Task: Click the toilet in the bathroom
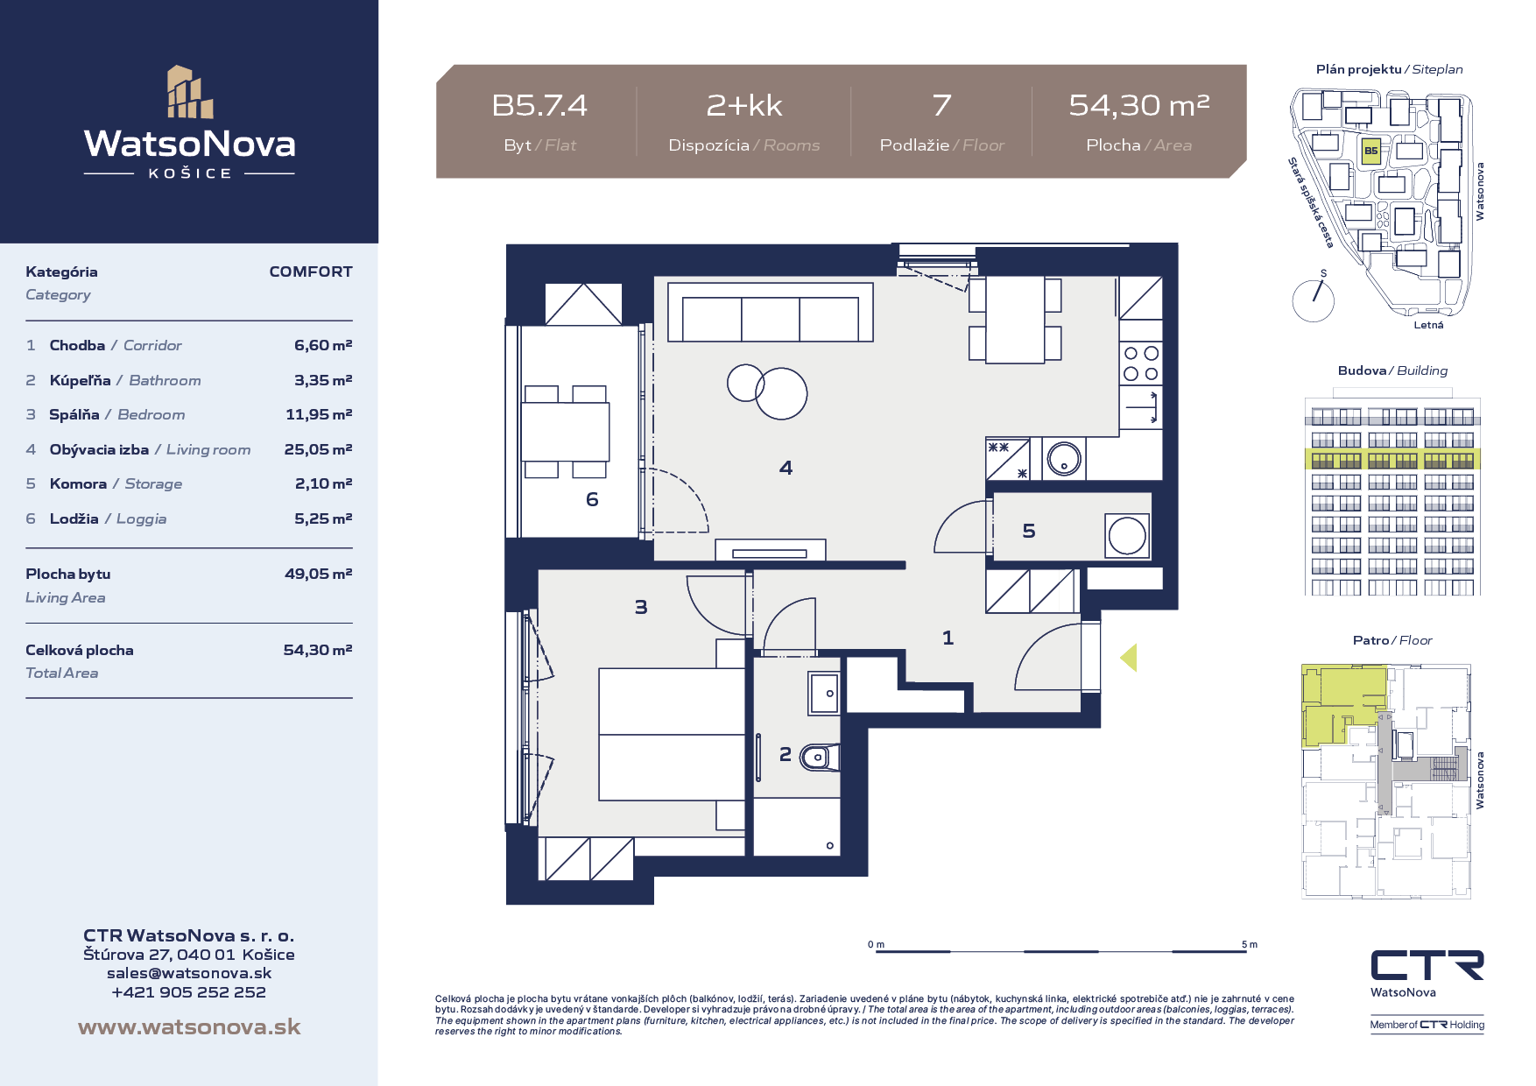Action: pos(820,758)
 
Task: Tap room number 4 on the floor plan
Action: pos(786,469)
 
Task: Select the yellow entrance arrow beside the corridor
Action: pos(1128,657)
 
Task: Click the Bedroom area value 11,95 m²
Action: pos(319,414)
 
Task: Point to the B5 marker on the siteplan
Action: pos(1370,151)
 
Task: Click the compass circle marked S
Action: pos(1313,300)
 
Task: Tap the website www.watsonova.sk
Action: pos(189,1026)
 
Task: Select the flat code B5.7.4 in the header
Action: pos(539,105)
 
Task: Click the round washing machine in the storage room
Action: pos(1127,536)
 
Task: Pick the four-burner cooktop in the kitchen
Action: pos(1141,363)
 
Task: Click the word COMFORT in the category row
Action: pos(311,271)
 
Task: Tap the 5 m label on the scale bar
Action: pos(1249,944)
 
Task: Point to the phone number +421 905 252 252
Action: pos(189,992)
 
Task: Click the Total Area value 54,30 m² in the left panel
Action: pos(318,650)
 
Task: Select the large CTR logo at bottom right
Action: pos(1427,965)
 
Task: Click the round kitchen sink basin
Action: pos(1064,458)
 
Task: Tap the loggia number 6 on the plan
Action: pos(592,499)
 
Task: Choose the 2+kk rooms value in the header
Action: pos(744,105)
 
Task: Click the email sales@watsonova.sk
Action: pos(189,973)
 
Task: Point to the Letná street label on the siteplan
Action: pos(1428,325)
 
